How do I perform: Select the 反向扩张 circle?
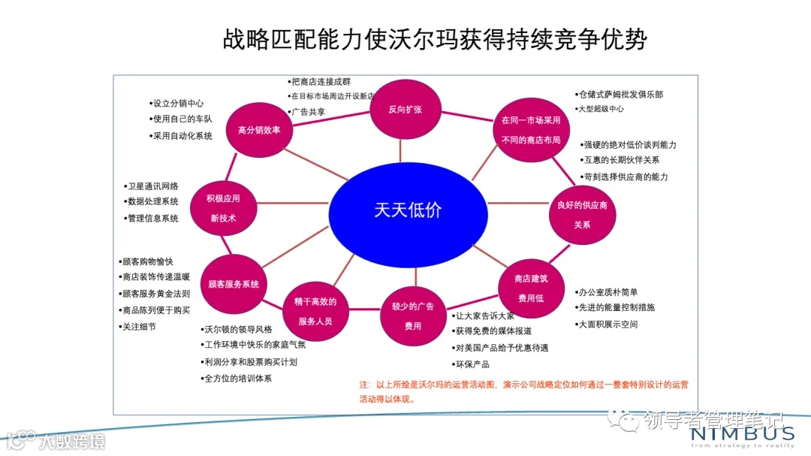[405, 110]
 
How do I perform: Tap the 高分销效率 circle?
[259, 130]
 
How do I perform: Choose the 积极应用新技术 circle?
[223, 208]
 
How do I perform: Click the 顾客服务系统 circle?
[234, 284]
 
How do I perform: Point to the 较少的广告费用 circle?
[412, 316]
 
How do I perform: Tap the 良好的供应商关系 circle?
[582, 214]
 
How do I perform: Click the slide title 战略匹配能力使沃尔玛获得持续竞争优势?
[434, 39]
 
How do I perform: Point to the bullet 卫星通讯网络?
[153, 186]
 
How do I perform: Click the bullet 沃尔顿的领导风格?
[238, 329]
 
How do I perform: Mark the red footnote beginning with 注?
[523, 391]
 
